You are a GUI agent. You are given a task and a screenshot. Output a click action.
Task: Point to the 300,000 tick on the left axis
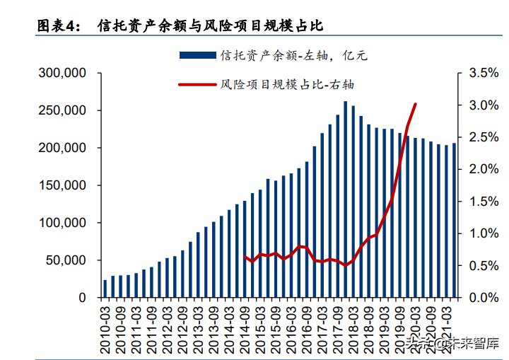point(62,73)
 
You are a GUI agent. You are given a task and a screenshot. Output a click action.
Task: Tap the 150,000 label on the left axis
point(62,185)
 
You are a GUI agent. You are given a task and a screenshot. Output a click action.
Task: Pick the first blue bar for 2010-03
point(105,289)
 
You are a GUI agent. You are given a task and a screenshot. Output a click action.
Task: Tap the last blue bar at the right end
point(454,221)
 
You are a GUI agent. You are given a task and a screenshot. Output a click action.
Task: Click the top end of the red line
point(415,105)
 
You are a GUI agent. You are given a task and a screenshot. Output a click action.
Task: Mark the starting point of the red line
point(245,257)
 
